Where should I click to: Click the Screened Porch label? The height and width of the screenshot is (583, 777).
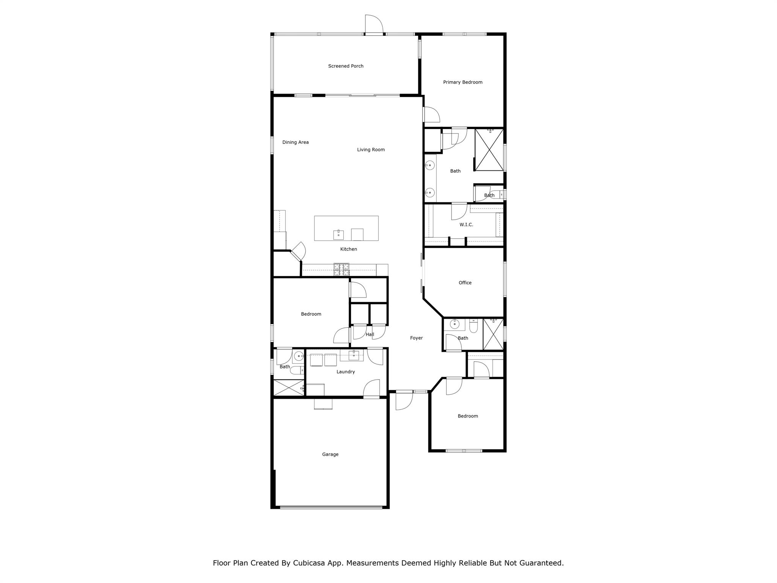pyautogui.click(x=346, y=66)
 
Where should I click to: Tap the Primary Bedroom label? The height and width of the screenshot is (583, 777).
pyautogui.click(x=462, y=82)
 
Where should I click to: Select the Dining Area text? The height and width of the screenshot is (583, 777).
pyautogui.click(x=296, y=142)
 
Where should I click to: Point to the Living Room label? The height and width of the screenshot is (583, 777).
pyautogui.click(x=371, y=150)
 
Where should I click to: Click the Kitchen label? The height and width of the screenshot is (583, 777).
pyautogui.click(x=348, y=249)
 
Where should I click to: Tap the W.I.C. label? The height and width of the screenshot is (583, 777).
pyautogui.click(x=466, y=225)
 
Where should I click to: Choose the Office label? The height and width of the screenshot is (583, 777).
pyautogui.click(x=465, y=283)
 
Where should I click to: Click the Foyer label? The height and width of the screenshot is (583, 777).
pyautogui.click(x=416, y=338)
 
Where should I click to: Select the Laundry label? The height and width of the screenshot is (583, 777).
pyautogui.click(x=346, y=372)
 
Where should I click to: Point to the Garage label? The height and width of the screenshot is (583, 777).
pyautogui.click(x=330, y=454)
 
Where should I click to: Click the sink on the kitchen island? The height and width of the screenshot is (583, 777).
pyautogui.click(x=338, y=235)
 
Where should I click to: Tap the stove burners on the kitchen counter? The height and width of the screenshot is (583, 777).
pyautogui.click(x=341, y=269)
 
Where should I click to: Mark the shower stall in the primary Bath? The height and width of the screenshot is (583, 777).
pyautogui.click(x=489, y=150)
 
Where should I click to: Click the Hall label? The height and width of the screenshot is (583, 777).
pyautogui.click(x=370, y=334)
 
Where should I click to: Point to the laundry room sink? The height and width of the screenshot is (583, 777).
pyautogui.click(x=354, y=355)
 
